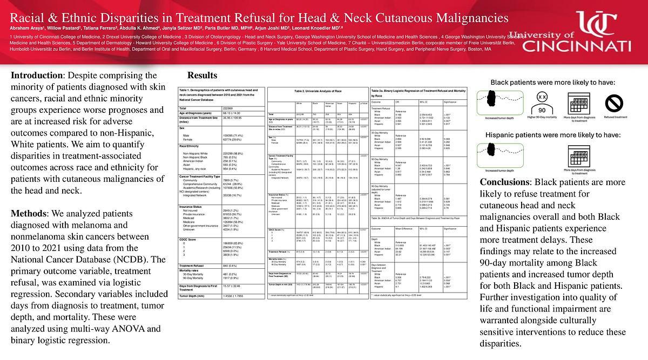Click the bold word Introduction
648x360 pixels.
point(36,75)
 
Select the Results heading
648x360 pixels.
point(202,75)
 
